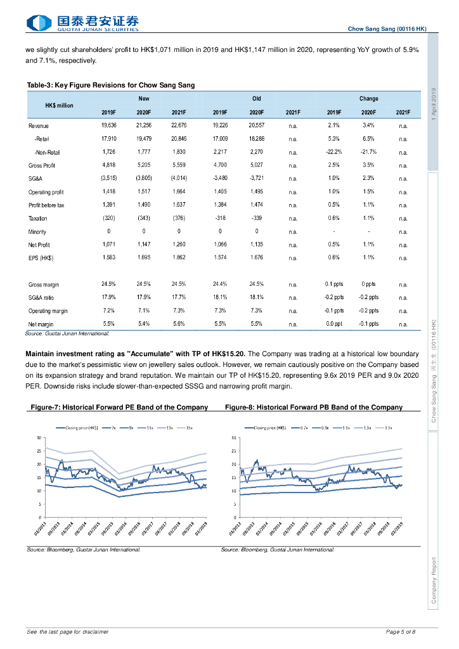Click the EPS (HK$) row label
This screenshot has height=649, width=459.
click(x=41, y=258)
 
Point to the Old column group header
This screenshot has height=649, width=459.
click(x=256, y=99)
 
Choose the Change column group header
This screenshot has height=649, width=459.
click(x=368, y=99)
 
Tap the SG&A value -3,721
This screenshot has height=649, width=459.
click(x=256, y=178)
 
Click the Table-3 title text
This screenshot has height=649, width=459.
click(x=110, y=85)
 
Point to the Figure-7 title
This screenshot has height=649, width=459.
click(x=117, y=407)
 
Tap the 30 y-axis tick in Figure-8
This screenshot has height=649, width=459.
click(x=233, y=438)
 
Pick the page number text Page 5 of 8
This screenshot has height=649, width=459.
click(x=400, y=632)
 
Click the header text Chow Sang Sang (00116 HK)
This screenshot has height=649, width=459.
click(x=387, y=29)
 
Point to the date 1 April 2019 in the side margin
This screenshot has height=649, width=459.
click(x=433, y=105)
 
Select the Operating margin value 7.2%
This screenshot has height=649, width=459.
click(x=108, y=311)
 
